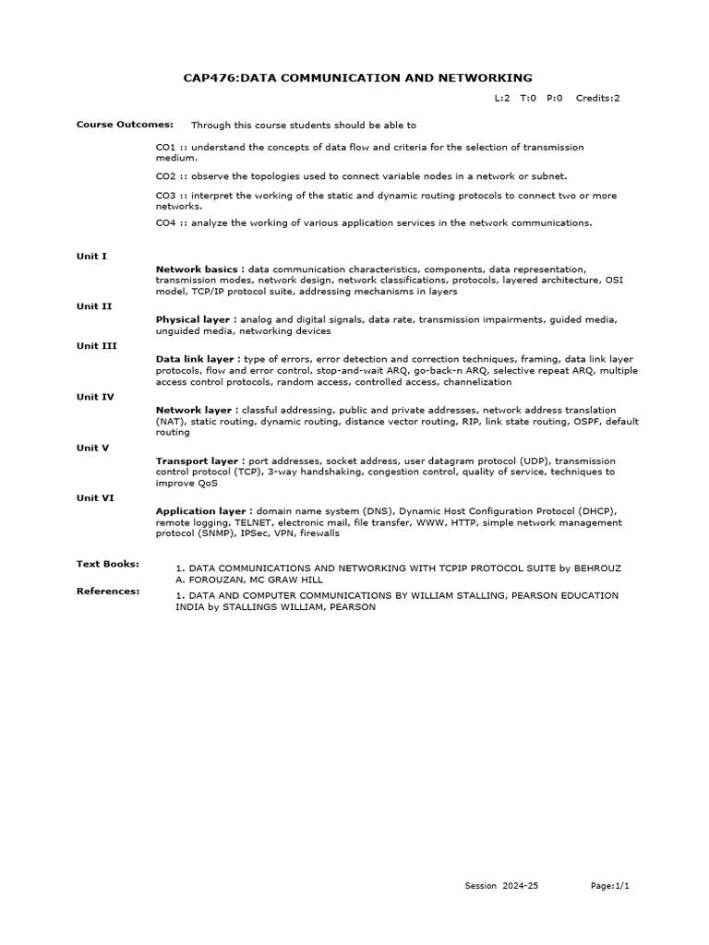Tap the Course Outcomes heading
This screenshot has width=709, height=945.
112,124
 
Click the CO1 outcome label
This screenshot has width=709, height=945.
165,147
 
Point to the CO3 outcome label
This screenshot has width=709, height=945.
165,196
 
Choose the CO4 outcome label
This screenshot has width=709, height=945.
165,222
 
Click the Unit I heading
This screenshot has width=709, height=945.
91,256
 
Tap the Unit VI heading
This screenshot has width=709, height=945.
95,496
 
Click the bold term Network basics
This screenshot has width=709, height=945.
198,269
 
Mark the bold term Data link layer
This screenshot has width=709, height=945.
197,358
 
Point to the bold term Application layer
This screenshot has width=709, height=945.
203,510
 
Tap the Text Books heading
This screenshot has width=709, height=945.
107,562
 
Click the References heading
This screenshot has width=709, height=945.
107,590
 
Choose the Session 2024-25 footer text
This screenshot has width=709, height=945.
501,885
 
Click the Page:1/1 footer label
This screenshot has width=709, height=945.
609,885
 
